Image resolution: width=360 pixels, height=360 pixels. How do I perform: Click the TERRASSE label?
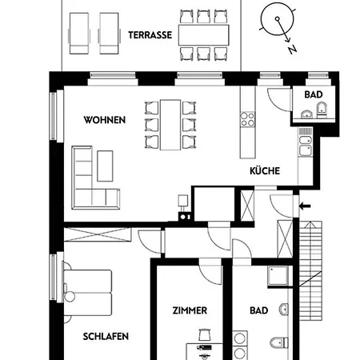tap(150, 35)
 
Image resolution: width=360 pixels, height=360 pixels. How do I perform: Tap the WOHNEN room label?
tap(105, 120)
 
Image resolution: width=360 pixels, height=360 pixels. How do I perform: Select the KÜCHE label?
tap(265, 171)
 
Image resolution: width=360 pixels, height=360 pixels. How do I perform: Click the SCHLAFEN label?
tap(106, 336)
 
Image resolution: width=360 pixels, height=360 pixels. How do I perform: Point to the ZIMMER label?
tap(190, 310)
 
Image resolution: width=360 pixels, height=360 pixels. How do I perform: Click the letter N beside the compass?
tap(292, 50)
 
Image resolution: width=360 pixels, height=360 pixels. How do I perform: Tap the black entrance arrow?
tap(305, 206)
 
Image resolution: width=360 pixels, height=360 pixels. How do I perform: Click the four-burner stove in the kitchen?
tap(247, 119)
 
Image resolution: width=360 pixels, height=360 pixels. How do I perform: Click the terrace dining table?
tap(204, 35)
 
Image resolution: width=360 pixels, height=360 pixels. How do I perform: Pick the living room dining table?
tap(170, 125)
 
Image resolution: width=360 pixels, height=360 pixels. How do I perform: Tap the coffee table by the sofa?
tap(105, 166)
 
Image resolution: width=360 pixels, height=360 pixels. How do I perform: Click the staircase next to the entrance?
tap(310, 270)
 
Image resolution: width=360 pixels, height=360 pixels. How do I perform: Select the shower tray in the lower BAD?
tap(278, 276)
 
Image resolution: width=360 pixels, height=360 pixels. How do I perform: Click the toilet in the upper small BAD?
tap(322, 110)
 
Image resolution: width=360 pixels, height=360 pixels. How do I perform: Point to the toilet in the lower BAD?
tap(279, 342)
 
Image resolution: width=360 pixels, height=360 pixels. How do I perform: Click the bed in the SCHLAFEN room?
tap(88, 293)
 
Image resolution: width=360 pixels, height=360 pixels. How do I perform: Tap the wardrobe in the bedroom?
tap(98, 234)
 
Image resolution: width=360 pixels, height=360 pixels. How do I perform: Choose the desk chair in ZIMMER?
tap(205, 335)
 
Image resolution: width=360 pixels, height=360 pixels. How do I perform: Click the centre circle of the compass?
tap(278, 19)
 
